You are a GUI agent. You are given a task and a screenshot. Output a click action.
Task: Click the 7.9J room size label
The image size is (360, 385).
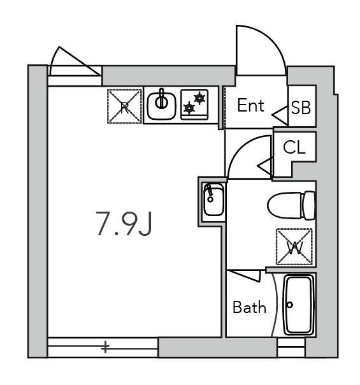pyautogui.click(x=124, y=224)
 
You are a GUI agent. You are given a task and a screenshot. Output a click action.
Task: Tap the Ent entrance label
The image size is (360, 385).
pyautogui.click(x=251, y=105)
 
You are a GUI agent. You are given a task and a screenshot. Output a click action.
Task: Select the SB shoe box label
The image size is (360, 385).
pyautogui.click(x=301, y=108)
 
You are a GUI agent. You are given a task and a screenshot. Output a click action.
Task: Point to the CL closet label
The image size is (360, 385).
pyautogui.click(x=294, y=147)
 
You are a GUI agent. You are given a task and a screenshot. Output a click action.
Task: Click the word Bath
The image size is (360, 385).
pyautogui.click(x=249, y=307)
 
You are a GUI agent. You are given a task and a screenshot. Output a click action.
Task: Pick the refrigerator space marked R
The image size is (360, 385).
pyautogui.click(x=124, y=106)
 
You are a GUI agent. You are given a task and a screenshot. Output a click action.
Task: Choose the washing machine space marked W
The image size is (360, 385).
pyautogui.click(x=294, y=247)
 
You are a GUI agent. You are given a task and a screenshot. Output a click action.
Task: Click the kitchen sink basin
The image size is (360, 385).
pyautogui.click(x=161, y=106)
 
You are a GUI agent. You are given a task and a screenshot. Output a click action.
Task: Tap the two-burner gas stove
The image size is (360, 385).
pyautogui.click(x=194, y=105)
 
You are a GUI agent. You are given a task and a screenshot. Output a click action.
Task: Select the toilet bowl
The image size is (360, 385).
pyautogui.click(x=291, y=205)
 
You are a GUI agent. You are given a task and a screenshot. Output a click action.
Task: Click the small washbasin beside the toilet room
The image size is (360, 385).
pyautogui.click(x=213, y=200)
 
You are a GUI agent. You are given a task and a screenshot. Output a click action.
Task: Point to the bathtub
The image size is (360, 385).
pyautogui.click(x=299, y=305)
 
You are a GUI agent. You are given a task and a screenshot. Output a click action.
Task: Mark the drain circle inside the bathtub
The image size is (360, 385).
pyautogui.click(x=290, y=305)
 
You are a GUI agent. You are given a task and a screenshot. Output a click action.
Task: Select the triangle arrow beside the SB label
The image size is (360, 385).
pyautogui.click(x=280, y=115)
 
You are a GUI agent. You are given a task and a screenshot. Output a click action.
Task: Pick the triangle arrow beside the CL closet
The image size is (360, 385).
pyautogui.click(x=266, y=166)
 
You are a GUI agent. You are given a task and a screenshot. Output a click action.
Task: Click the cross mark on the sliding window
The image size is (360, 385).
pyautogui.click(x=105, y=347)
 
